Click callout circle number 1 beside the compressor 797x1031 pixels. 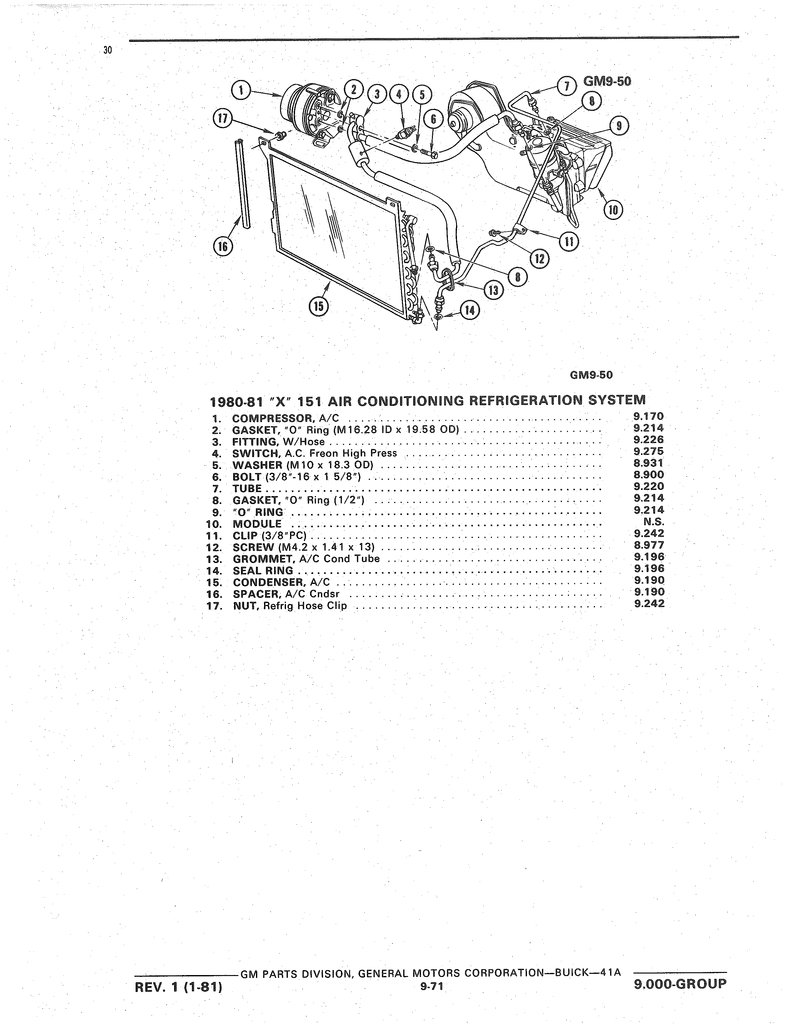point(242,92)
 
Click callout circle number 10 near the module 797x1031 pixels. point(613,210)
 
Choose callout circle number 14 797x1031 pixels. point(469,310)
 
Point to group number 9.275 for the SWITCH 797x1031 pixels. point(649,452)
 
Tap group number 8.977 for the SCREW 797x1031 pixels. point(649,546)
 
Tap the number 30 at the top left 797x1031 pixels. point(108,51)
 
